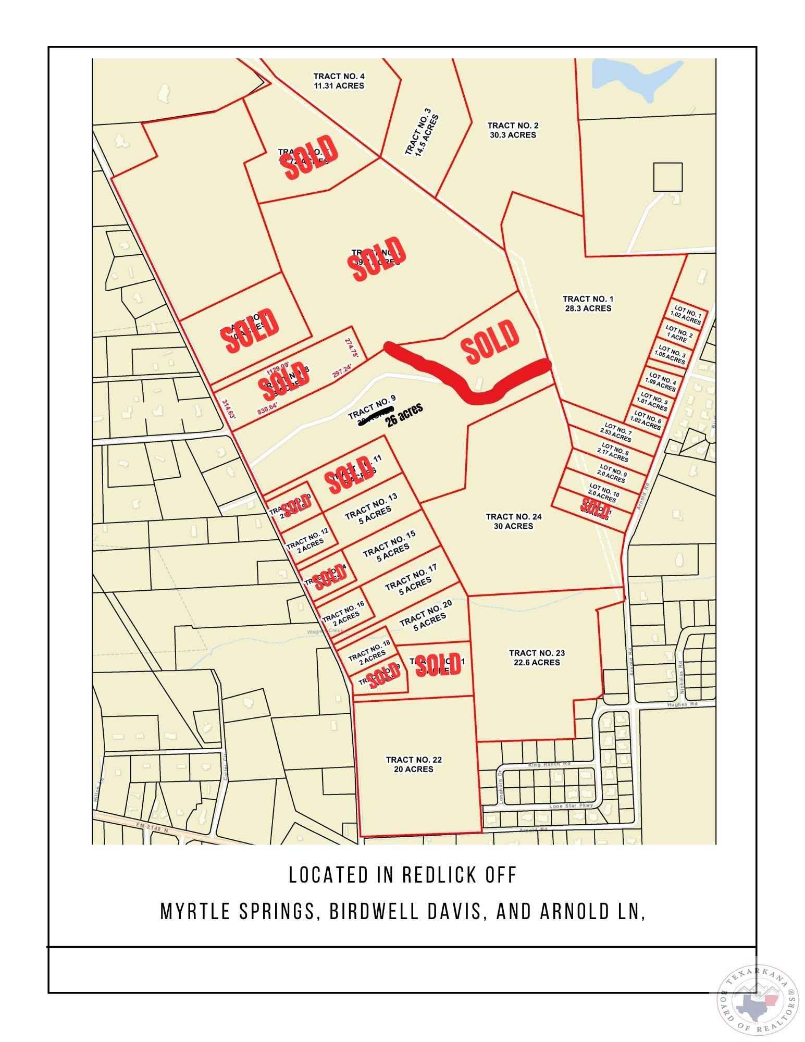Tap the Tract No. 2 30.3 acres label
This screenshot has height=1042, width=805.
point(512,130)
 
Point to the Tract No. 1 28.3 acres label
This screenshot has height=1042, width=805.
point(588,303)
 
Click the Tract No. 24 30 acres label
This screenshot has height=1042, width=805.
point(513,521)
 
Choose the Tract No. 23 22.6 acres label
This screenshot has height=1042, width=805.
point(536,658)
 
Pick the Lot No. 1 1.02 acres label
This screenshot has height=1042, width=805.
point(686,316)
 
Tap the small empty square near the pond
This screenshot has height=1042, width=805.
point(667,177)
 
